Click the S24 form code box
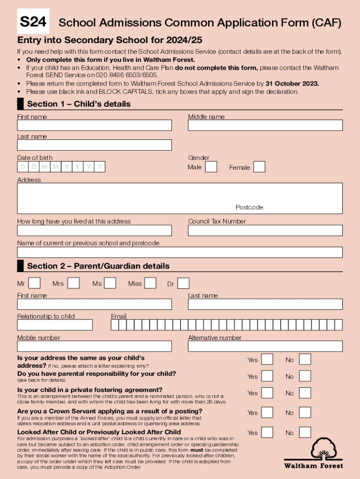(33, 22)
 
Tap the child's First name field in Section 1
(94, 125)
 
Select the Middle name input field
(265, 125)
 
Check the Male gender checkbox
(211, 167)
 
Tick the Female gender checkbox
(259, 167)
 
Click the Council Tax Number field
(265, 231)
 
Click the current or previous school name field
(180, 253)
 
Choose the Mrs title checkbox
(73, 283)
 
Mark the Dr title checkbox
(183, 283)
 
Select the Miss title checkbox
(150, 283)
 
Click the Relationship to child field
(55, 325)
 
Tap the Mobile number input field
(94, 346)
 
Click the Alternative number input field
(265, 346)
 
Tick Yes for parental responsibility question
(267, 376)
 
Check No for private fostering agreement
(305, 393)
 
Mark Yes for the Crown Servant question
(267, 412)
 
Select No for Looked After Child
(305, 432)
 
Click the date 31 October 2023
(292, 84)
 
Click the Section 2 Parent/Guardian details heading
(98, 266)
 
